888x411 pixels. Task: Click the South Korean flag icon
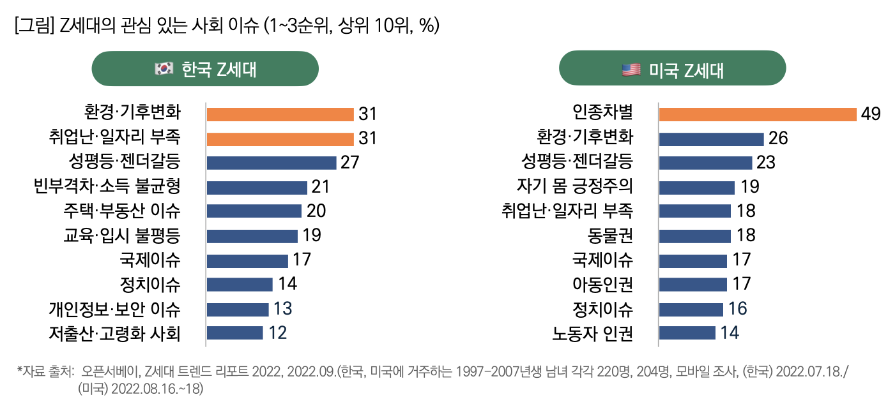point(164,69)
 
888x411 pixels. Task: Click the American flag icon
point(631,69)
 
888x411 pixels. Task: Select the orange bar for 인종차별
point(757,114)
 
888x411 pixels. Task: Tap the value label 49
point(870,114)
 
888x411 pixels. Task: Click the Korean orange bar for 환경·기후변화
point(280,114)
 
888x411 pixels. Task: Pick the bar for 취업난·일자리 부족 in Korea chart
point(280,138)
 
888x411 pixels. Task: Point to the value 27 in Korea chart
point(349,163)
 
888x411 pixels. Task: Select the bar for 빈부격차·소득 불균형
point(257,187)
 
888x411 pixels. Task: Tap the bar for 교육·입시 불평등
point(252,235)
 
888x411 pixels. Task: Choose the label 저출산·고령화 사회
point(114,333)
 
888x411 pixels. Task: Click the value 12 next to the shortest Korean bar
point(277,333)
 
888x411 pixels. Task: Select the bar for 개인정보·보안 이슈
point(238,309)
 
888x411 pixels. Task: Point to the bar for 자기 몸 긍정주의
point(696,187)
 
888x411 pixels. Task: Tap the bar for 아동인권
point(693,284)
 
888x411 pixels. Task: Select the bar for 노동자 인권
point(687,333)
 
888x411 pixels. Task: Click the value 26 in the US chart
point(778,138)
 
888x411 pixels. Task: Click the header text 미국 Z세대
point(686,69)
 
